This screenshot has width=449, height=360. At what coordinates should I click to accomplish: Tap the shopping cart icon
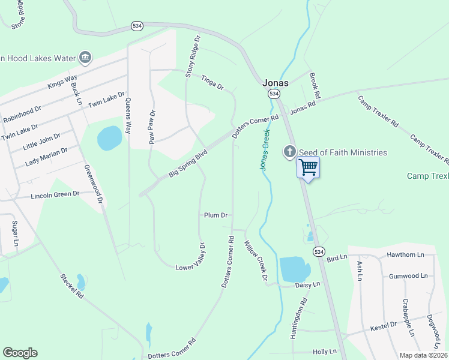click(308, 167)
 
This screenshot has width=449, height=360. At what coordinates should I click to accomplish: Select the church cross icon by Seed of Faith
click(290, 151)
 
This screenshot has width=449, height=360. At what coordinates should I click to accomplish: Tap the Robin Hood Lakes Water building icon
click(85, 58)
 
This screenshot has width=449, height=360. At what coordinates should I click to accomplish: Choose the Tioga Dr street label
click(212, 82)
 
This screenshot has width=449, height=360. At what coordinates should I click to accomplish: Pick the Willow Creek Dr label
click(255, 260)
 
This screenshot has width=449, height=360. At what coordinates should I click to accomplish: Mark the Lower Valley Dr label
click(191, 256)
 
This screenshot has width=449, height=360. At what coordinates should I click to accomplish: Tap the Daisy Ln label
click(307, 285)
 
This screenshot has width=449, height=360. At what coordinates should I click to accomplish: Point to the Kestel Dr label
click(384, 325)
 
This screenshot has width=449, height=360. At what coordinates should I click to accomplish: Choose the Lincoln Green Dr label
click(55, 194)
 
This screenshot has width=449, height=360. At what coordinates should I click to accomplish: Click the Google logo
click(20, 353)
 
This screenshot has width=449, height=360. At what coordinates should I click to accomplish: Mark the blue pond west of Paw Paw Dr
click(109, 138)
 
